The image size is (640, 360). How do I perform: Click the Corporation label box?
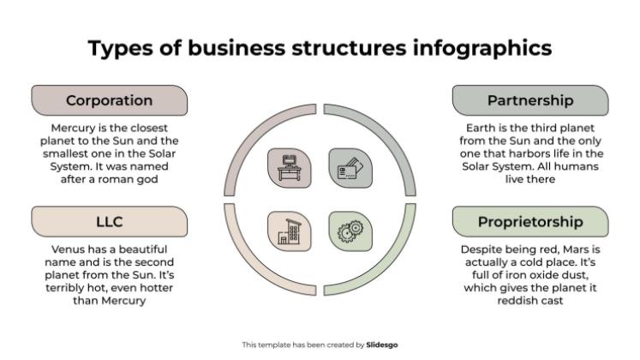pos(110,100)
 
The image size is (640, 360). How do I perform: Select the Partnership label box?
pos(530,100)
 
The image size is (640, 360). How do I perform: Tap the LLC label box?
pos(110,222)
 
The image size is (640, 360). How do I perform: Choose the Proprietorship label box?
pos(530,222)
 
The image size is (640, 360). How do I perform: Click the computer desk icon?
pos(290,168)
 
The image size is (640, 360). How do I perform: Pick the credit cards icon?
pos(350,168)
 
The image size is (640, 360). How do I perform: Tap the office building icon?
pos(290,231)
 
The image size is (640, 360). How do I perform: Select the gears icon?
pos(350,231)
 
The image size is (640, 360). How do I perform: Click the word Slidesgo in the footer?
pos(381,345)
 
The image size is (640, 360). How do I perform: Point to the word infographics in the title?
pos(482,48)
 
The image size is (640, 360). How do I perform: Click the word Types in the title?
pos(121,49)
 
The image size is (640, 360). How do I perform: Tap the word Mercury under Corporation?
pos(73,129)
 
